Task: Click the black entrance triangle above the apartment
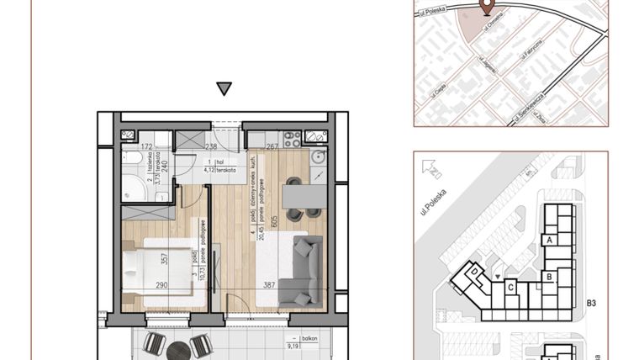(x=223, y=88)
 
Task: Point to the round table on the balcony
(x=177, y=349)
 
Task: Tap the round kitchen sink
(x=317, y=157)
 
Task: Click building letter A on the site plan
(x=550, y=241)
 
